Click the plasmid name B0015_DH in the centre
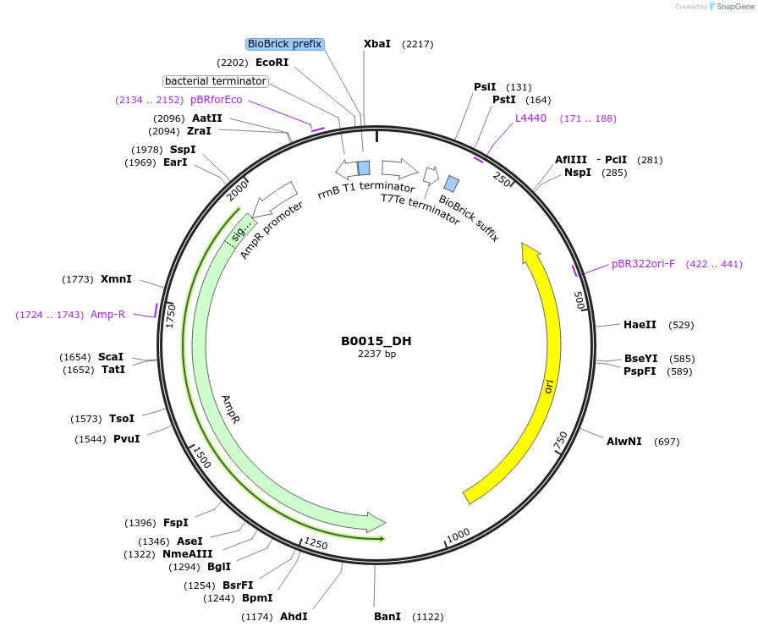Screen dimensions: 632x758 pyautogui.click(x=376, y=341)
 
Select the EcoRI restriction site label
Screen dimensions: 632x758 pyautogui.click(x=272, y=63)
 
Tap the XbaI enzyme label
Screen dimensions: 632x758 pyautogui.click(x=377, y=43)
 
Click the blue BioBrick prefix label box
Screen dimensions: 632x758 pyautogui.click(x=285, y=44)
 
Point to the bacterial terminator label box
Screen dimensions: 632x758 pyautogui.click(x=216, y=81)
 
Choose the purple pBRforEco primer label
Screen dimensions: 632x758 pyautogui.click(x=216, y=100)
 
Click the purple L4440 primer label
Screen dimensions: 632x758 pyautogui.click(x=530, y=118)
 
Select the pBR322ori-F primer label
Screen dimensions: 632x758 pyautogui.click(x=643, y=264)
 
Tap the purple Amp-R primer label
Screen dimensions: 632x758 pyautogui.click(x=107, y=315)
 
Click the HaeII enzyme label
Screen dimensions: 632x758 pyautogui.click(x=640, y=325)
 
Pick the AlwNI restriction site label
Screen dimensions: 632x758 pyautogui.click(x=624, y=442)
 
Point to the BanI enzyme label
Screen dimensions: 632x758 pyautogui.click(x=387, y=617)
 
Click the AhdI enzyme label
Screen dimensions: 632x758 pyautogui.click(x=294, y=617)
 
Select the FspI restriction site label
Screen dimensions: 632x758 pyautogui.click(x=176, y=523)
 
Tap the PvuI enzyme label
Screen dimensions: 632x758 pyautogui.click(x=127, y=439)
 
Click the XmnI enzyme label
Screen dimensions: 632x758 pyautogui.click(x=116, y=279)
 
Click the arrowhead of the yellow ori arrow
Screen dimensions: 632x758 pyautogui.click(x=530, y=253)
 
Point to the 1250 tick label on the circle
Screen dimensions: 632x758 pyautogui.click(x=316, y=543)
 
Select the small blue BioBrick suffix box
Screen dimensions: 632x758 pyautogui.click(x=452, y=184)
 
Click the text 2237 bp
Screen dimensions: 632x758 pyautogui.click(x=376, y=354)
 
